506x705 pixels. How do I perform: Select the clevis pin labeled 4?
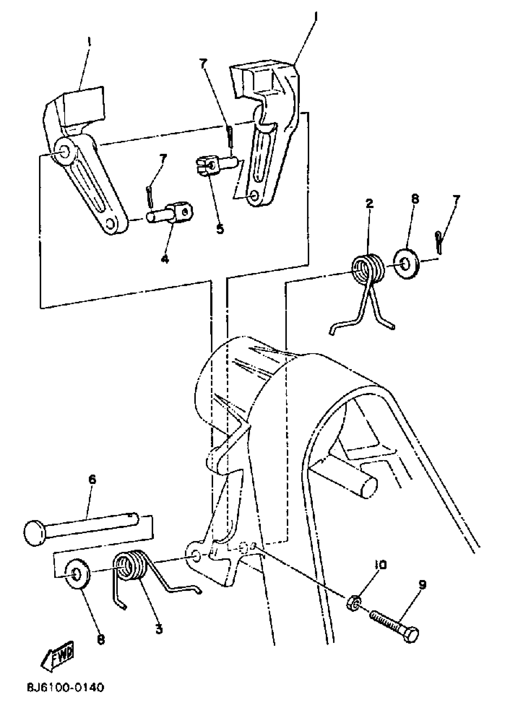[169, 213]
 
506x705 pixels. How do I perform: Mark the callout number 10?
[380, 565]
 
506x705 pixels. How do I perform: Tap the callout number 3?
[159, 629]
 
